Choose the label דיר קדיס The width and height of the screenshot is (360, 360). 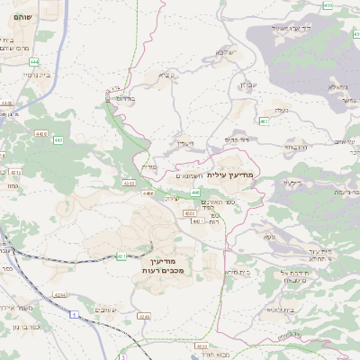[238, 139]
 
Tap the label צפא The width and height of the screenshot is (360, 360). [269, 236]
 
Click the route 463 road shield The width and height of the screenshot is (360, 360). [264, 121]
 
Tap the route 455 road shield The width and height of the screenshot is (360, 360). [328, 5]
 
